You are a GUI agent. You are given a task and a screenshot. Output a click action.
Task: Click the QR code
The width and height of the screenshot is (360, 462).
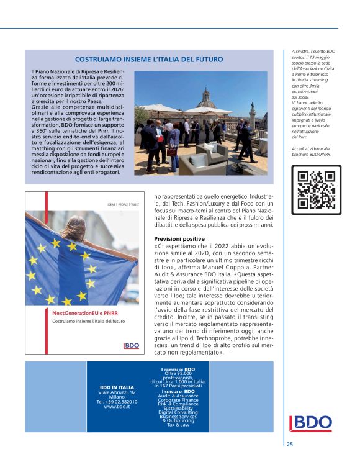[316, 189]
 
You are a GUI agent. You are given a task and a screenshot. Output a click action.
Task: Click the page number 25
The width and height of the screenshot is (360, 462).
[290, 444]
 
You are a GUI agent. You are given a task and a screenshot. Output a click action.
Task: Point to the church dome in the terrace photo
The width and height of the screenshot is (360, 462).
[207, 96]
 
